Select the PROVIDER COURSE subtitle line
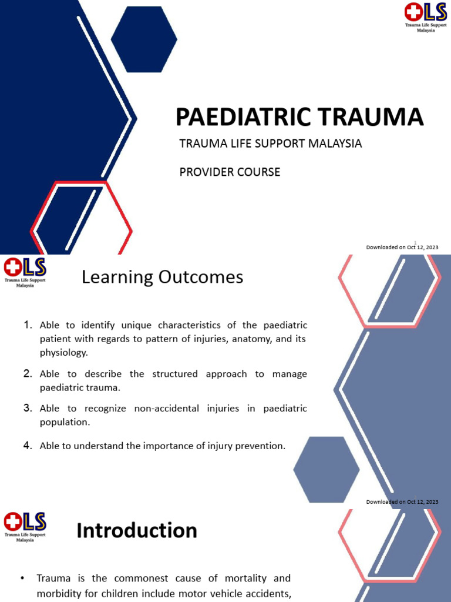229,172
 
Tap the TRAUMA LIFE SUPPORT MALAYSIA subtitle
270,143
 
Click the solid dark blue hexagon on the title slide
144,39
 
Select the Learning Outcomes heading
162,277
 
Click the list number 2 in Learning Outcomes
28,374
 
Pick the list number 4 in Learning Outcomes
28,446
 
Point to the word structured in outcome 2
176,374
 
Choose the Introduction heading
137,531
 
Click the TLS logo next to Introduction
25,525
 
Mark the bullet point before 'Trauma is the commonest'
22,579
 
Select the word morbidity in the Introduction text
60,593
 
